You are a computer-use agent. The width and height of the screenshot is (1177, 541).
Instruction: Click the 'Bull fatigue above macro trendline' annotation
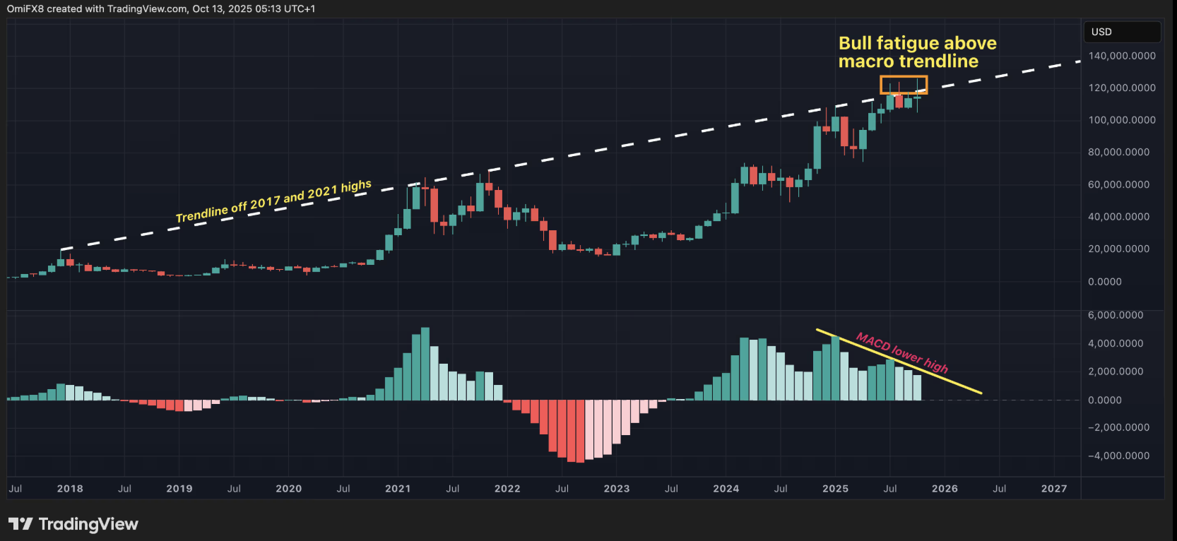point(917,52)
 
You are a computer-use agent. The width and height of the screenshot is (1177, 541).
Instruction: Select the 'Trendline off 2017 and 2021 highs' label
point(273,201)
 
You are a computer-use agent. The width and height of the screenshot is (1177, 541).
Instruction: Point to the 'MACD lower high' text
point(902,352)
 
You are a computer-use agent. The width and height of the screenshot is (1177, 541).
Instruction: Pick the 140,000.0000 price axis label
point(1122,56)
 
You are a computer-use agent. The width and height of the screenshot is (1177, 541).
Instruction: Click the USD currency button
point(1122,32)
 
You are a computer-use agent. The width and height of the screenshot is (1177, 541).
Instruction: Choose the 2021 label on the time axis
point(398,489)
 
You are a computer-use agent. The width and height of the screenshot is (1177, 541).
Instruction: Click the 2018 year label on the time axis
point(70,489)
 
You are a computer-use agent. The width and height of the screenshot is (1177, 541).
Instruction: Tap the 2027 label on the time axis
point(1054,489)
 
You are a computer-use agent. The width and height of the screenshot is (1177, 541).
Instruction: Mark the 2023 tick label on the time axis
point(616,489)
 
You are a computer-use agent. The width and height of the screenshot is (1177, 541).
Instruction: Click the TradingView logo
point(73,524)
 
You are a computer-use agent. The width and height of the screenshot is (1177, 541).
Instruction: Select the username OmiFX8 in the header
point(25,9)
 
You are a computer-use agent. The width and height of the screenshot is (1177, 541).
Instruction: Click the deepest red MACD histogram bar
point(580,431)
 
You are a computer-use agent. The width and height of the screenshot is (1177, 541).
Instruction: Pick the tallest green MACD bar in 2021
point(425,364)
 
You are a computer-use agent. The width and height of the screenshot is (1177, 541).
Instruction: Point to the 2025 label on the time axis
point(835,489)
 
